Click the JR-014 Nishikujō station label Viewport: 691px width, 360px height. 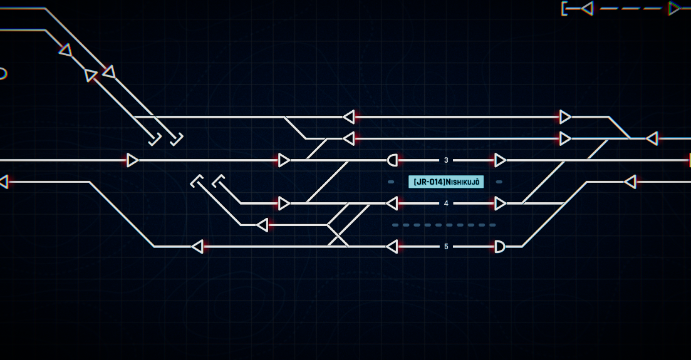[x=446, y=182]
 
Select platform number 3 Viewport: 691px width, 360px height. [x=446, y=160]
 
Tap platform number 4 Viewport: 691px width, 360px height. [x=446, y=203]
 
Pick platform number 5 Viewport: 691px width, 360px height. [x=446, y=247]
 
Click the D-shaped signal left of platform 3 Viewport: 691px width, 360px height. [x=392, y=160]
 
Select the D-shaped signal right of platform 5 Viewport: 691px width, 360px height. [x=500, y=247]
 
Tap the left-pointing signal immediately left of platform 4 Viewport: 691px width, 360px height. [x=392, y=203]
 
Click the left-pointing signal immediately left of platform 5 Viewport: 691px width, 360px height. [x=392, y=247]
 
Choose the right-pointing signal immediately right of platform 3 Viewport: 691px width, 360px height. [x=500, y=160]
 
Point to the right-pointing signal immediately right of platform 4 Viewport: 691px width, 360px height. [x=500, y=203]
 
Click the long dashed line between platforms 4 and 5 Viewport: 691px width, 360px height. [x=444, y=225]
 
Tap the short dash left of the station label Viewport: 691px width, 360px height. [x=391, y=182]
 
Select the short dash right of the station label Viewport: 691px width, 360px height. [x=499, y=182]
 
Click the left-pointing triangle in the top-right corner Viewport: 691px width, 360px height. [x=587, y=9]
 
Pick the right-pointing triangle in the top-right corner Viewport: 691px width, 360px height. [x=674, y=9]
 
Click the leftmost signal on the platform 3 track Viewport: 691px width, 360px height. [x=133, y=160]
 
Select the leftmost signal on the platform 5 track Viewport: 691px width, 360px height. [x=197, y=247]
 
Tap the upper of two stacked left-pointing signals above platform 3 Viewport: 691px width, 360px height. [x=348, y=117]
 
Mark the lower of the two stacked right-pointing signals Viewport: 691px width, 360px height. [x=565, y=139]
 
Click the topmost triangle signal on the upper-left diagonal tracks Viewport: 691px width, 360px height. [x=66, y=50]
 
